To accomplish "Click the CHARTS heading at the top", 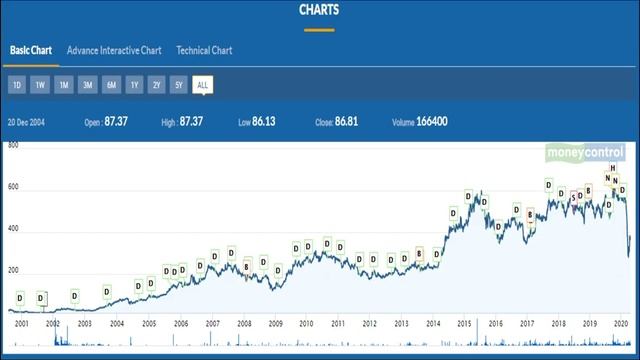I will pos(319,10).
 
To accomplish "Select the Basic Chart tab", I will pos(31,50).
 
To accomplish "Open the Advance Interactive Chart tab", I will pos(114,50).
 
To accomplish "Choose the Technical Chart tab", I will pos(204,50).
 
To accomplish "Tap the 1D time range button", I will pos(17,85).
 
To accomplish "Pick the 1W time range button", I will pos(40,85).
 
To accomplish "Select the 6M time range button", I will pos(111,85).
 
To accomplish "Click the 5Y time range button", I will pos(178,85).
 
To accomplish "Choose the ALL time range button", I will pos(203,85).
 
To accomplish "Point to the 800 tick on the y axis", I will pos(13,146).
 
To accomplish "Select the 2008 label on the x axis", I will pos(244,324).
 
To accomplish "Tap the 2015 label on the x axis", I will pos(464,324).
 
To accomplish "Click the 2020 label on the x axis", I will pos(621,324).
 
